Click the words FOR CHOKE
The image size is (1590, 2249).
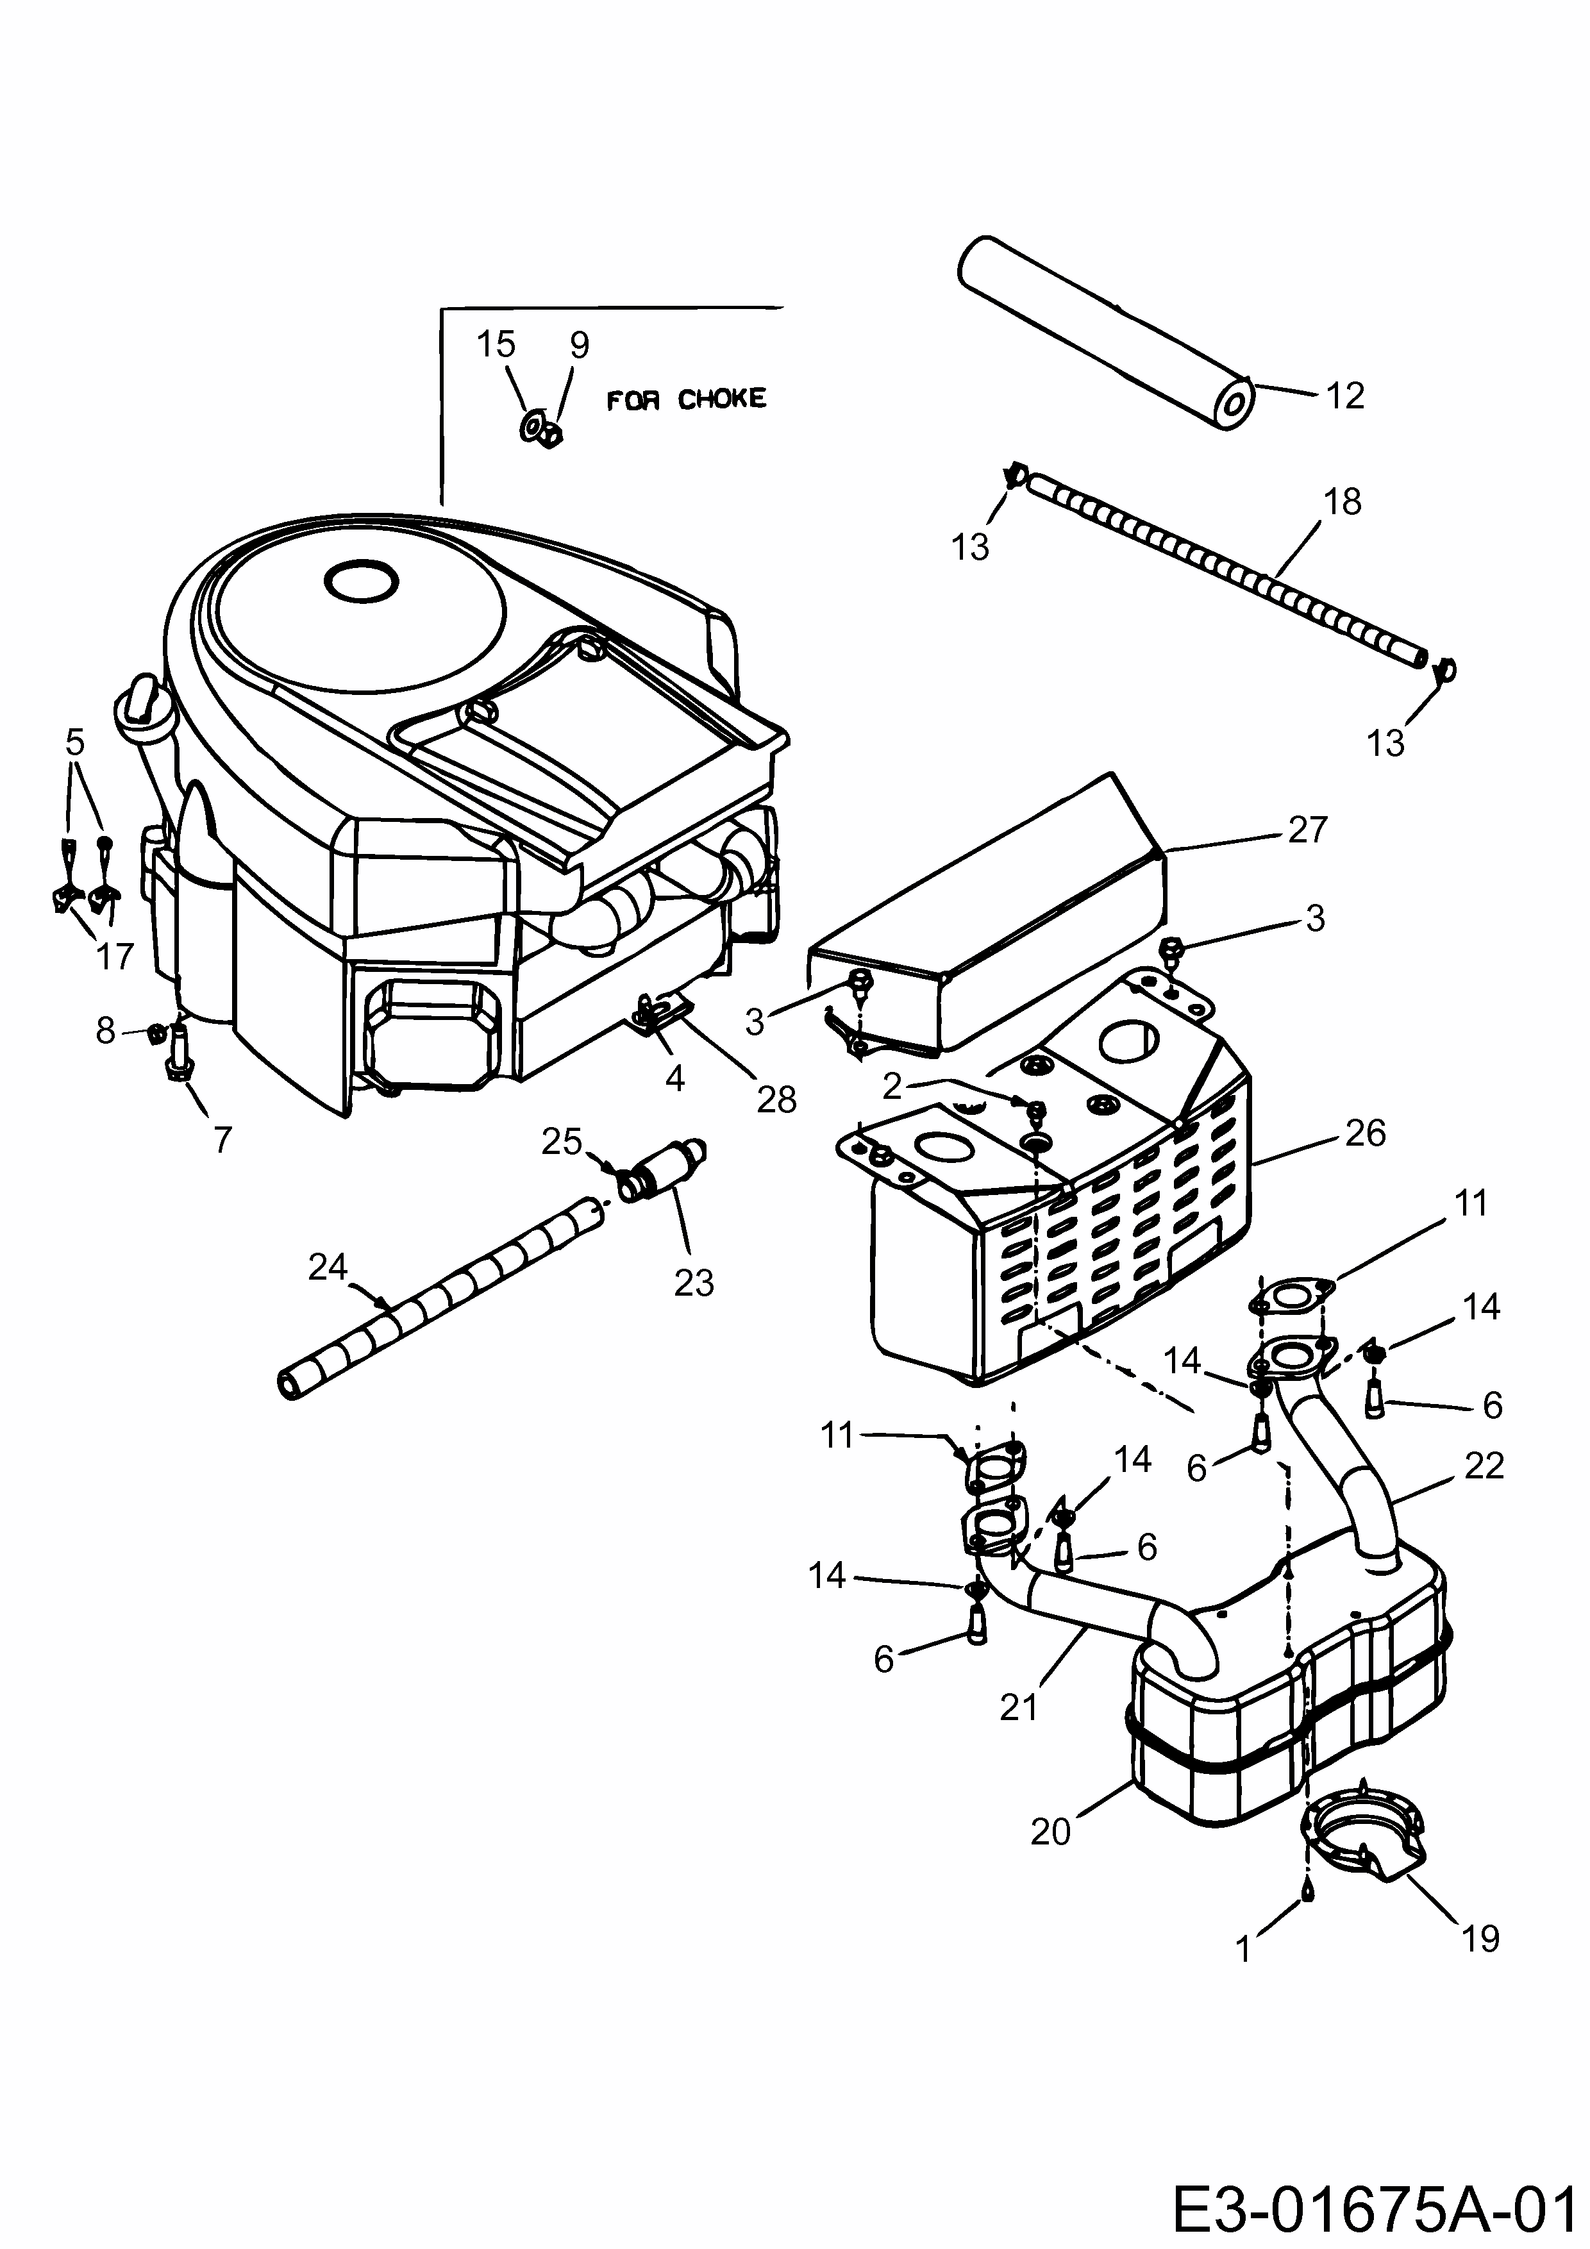pyautogui.click(x=686, y=399)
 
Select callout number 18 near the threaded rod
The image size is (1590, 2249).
pyautogui.click(x=1341, y=501)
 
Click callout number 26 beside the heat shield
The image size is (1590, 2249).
pyautogui.click(x=1365, y=1133)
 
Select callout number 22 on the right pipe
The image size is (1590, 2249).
pyautogui.click(x=1483, y=1466)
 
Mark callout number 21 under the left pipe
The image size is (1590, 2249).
pyautogui.click(x=1018, y=1707)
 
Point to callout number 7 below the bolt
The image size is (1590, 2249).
pyautogui.click(x=222, y=1140)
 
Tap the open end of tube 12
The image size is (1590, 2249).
pyautogui.click(x=1234, y=403)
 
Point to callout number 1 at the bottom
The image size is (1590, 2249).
pyautogui.click(x=1244, y=1949)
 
